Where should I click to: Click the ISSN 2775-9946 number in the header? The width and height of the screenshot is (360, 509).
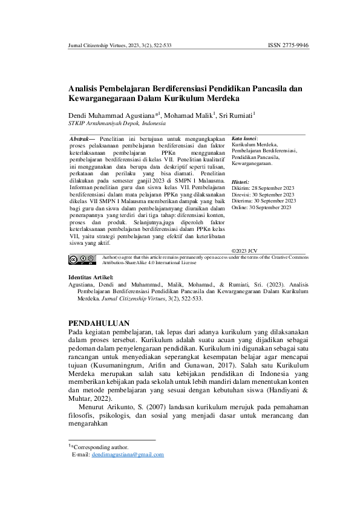tap(288, 45)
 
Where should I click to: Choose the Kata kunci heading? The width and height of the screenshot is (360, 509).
tap(245, 138)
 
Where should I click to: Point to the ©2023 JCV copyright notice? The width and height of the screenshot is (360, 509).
tap(244, 250)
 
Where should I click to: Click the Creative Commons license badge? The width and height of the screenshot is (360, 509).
tap(82, 260)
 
